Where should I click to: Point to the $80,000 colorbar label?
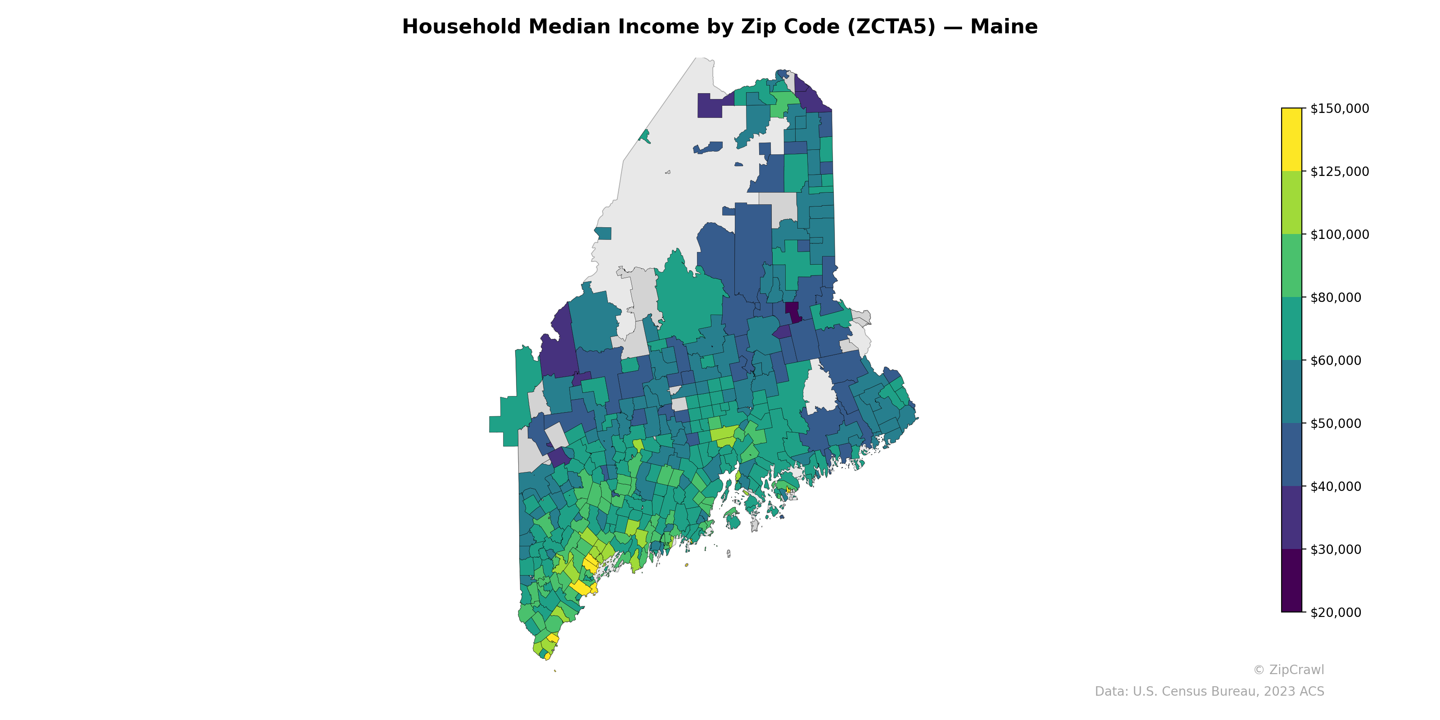[1336, 297]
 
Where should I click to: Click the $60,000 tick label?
[1336, 360]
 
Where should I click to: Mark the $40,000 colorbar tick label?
[1336, 486]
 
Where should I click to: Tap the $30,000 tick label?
[1336, 549]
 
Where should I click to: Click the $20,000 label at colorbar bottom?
[1336, 612]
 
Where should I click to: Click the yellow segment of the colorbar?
[1291, 140]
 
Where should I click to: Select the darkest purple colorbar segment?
[1291, 581]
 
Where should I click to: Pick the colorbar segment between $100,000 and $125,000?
[1291, 203]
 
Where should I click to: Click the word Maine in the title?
[1003, 27]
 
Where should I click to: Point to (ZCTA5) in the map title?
[891, 27]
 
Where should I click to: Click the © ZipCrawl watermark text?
[1288, 670]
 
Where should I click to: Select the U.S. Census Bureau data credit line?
[1209, 692]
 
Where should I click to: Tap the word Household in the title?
[461, 27]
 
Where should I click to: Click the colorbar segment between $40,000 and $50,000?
[1291, 455]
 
